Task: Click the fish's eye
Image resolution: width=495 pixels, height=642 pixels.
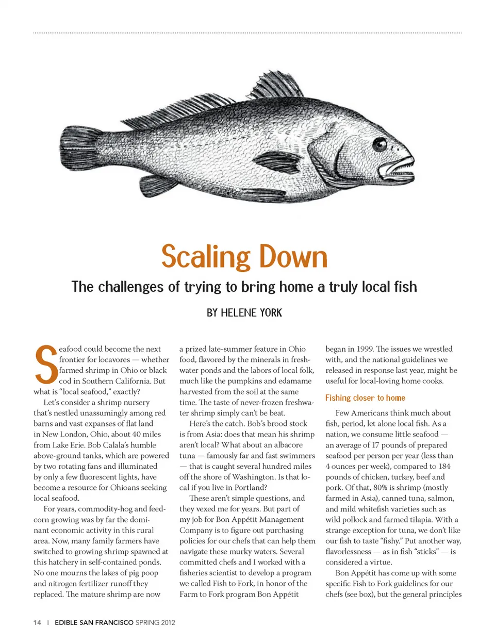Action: coord(379,144)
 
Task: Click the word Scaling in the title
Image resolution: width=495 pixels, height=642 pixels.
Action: coord(206,257)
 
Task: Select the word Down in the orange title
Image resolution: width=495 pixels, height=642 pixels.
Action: coord(293,257)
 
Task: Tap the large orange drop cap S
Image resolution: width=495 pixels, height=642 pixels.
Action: coord(45,365)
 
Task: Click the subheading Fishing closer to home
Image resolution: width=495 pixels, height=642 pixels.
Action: coord(365,398)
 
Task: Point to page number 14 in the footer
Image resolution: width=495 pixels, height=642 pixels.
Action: coord(37,622)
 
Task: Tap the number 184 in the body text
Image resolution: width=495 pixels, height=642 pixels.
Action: coord(444,466)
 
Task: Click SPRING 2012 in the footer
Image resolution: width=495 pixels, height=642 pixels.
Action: coord(155,622)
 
